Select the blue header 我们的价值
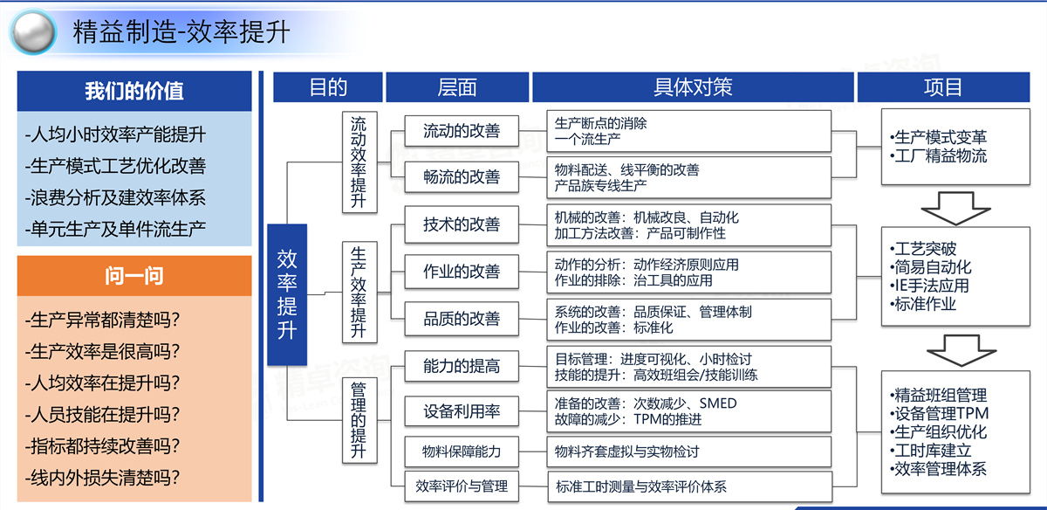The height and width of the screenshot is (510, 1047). tap(134, 91)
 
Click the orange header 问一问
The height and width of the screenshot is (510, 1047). tap(134, 277)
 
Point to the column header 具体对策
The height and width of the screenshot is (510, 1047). tap(693, 87)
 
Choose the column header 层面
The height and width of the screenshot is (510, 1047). tap(457, 87)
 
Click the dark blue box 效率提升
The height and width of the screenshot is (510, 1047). tap(287, 293)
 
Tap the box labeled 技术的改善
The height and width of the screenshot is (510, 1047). tap(462, 224)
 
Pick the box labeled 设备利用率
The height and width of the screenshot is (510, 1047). tap(462, 411)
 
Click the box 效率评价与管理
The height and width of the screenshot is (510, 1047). tap(462, 486)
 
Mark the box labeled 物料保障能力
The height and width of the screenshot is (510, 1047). tap(462, 451)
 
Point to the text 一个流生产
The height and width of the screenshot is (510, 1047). tap(589, 139)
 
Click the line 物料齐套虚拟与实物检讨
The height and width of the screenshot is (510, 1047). tap(626, 451)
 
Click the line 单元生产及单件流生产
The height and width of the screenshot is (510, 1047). tap(116, 230)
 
